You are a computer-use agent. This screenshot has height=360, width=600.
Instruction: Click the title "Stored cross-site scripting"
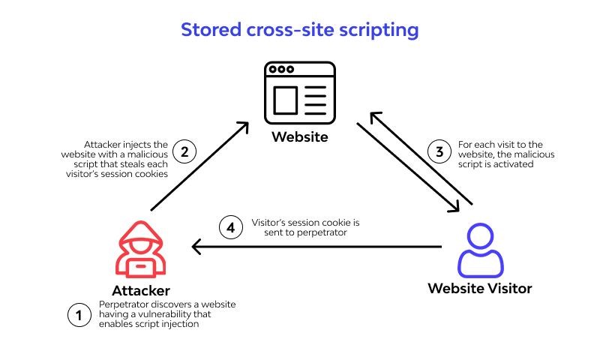click(299, 31)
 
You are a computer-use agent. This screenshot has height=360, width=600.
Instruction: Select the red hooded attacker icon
click(141, 250)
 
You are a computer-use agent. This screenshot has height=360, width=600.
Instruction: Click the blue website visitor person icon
click(480, 250)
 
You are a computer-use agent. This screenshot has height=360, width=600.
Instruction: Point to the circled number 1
click(79, 315)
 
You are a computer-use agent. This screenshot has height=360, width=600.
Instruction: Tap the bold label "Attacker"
click(141, 290)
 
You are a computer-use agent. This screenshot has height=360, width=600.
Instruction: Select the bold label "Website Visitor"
click(480, 288)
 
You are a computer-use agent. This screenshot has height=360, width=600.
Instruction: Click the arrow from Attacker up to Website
click(199, 166)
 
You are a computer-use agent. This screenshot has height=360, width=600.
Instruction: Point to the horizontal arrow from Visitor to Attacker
click(315, 246)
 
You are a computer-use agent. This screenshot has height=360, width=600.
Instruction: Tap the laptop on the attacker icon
click(141, 266)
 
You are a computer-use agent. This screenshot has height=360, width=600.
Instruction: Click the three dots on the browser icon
click(281, 70)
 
